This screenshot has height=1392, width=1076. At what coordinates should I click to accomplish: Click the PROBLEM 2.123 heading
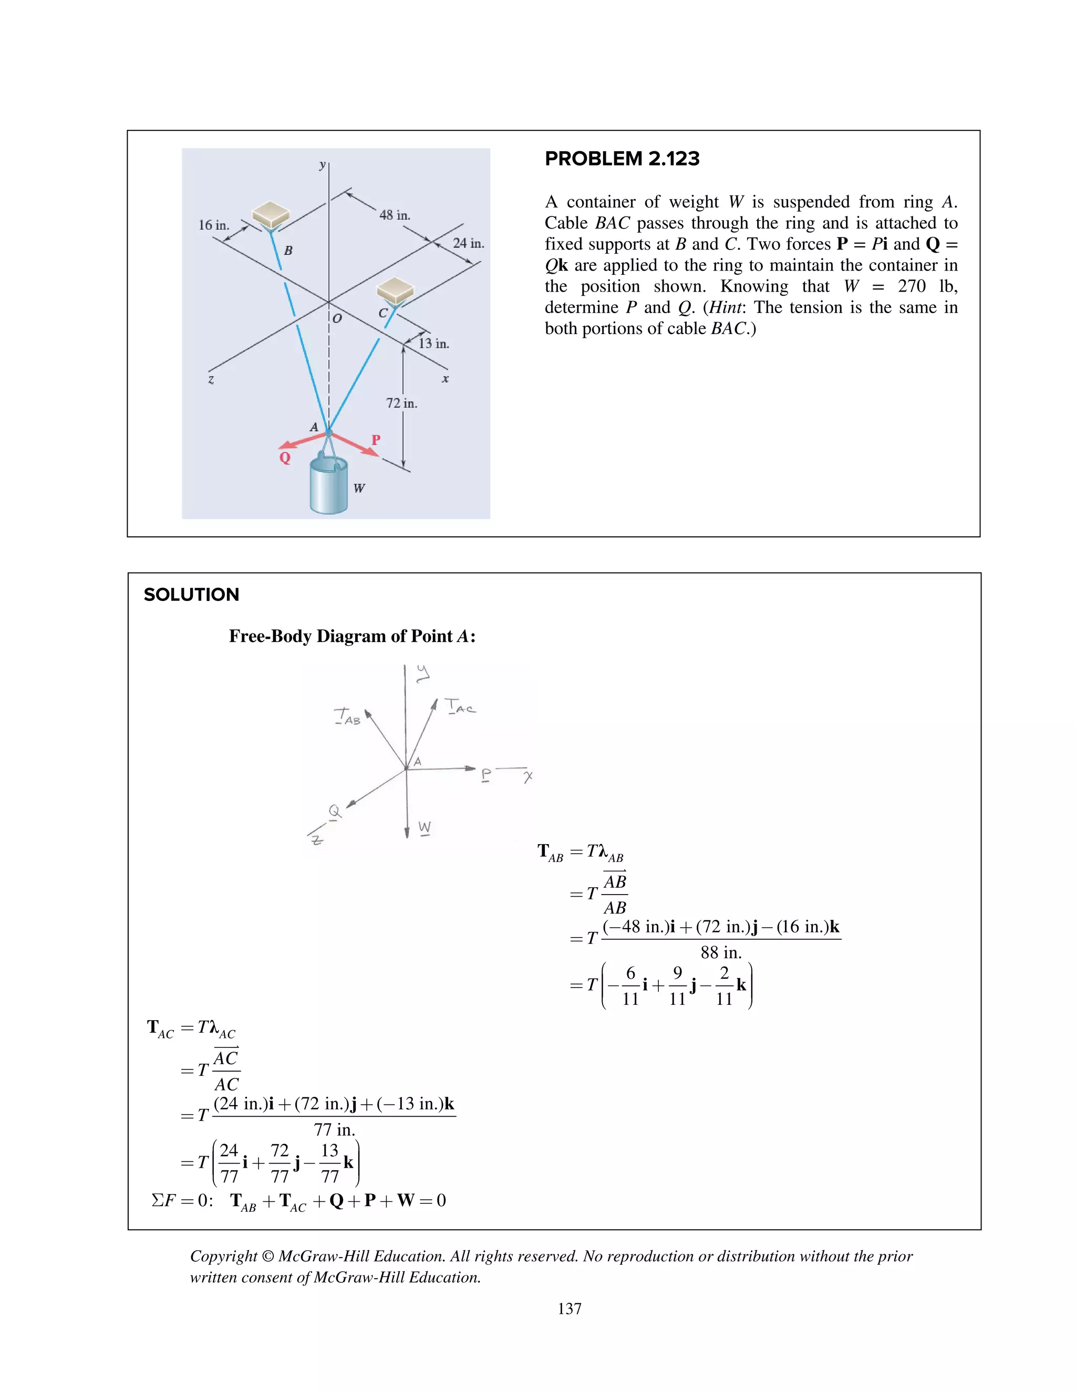click(622, 159)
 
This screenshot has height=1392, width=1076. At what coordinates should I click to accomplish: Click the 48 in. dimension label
click(395, 215)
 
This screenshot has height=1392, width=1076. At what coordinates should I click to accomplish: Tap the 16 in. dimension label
click(213, 225)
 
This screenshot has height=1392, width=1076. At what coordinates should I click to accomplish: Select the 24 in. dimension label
click(469, 244)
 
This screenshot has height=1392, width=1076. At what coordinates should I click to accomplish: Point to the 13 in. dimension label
click(433, 344)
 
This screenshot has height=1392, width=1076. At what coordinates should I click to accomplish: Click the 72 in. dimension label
click(401, 403)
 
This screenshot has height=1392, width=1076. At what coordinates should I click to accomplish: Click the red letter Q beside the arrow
click(285, 458)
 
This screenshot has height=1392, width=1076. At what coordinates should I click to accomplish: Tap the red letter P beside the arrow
click(376, 440)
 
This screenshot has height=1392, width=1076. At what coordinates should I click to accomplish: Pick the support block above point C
click(396, 290)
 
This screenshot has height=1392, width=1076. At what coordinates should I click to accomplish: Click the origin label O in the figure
click(337, 318)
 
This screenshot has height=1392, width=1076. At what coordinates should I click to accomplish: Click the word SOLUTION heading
click(191, 595)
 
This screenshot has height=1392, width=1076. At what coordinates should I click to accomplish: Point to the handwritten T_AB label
click(347, 717)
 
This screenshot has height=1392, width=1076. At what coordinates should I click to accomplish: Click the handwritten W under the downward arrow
click(425, 827)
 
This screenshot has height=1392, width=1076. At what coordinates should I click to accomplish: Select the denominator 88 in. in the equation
click(721, 953)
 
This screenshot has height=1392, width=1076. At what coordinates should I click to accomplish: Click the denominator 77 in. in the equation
click(334, 1130)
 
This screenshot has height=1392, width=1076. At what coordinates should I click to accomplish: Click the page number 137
click(569, 1308)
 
